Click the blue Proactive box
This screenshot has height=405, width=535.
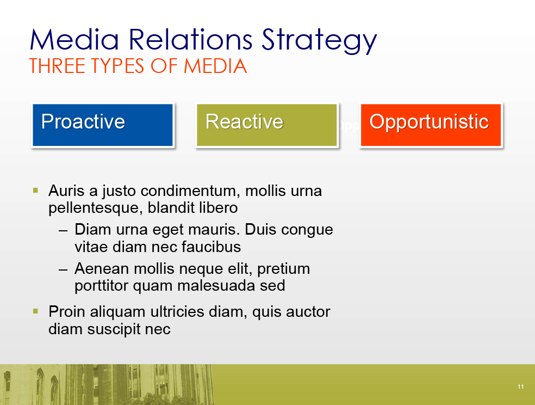tap(103, 125)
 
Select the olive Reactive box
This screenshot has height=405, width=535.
tap(267, 125)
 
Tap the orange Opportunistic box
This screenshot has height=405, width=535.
tap(431, 125)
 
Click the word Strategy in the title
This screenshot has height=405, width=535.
tap(319, 41)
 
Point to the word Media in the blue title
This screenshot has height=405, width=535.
tap(74, 39)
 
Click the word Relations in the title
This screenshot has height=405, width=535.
tap(190, 39)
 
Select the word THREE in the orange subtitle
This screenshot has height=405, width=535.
tap(57, 66)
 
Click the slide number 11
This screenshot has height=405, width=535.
tap(520, 386)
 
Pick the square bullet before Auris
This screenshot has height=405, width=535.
tap(35, 190)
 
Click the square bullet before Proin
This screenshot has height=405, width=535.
tap(35, 311)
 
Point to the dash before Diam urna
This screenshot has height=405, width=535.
tap(63, 230)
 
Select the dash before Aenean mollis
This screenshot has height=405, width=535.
tap(63, 269)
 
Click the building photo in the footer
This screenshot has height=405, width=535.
tap(107, 384)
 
